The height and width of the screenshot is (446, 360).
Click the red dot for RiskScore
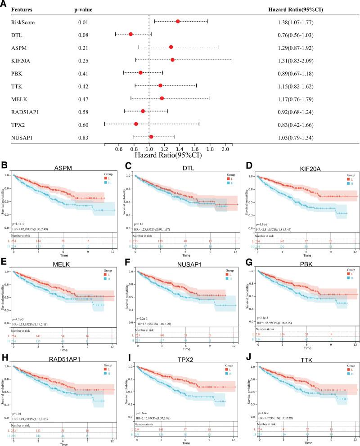(x=178, y=21)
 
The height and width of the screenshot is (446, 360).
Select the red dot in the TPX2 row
(x=136, y=124)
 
